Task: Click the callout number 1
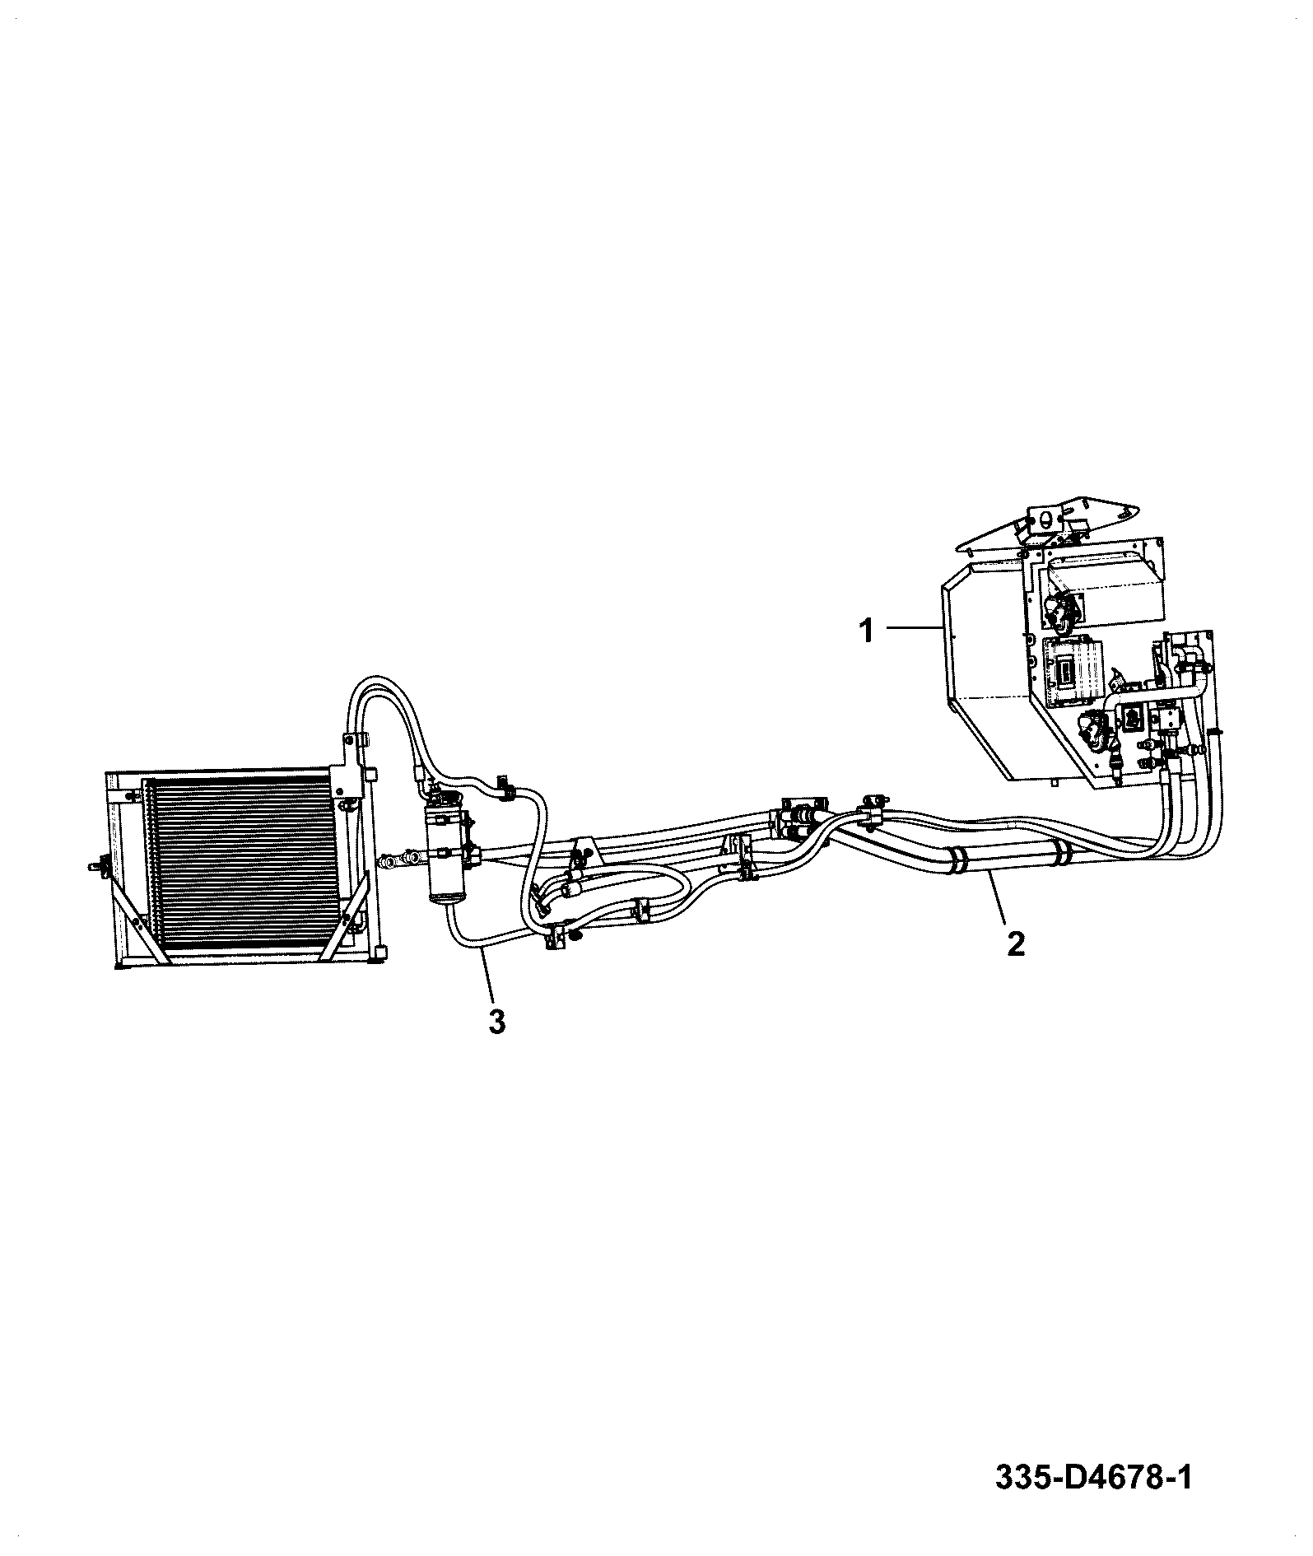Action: (x=866, y=632)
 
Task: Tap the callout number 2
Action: (x=1016, y=943)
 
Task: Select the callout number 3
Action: (x=496, y=1021)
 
